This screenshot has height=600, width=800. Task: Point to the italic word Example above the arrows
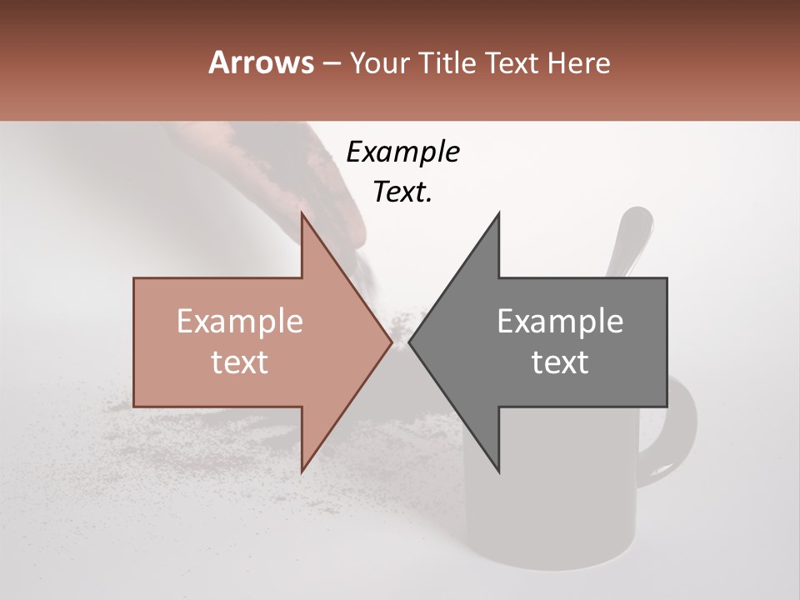pyautogui.click(x=402, y=152)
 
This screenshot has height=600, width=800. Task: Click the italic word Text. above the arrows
pyautogui.click(x=402, y=192)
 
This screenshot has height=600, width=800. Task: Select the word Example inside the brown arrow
pyautogui.click(x=240, y=322)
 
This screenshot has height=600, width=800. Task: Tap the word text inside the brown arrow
pyautogui.click(x=240, y=362)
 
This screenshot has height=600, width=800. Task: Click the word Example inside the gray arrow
pyautogui.click(x=560, y=322)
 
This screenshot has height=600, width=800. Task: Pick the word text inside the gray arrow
pyautogui.click(x=560, y=362)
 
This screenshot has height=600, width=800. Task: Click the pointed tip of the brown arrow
pyautogui.click(x=391, y=342)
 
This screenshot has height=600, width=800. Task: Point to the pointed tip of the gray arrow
pyautogui.click(x=410, y=342)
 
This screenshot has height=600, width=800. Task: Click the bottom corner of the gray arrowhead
pyautogui.click(x=498, y=472)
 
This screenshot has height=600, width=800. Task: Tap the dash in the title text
pyautogui.click(x=331, y=63)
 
